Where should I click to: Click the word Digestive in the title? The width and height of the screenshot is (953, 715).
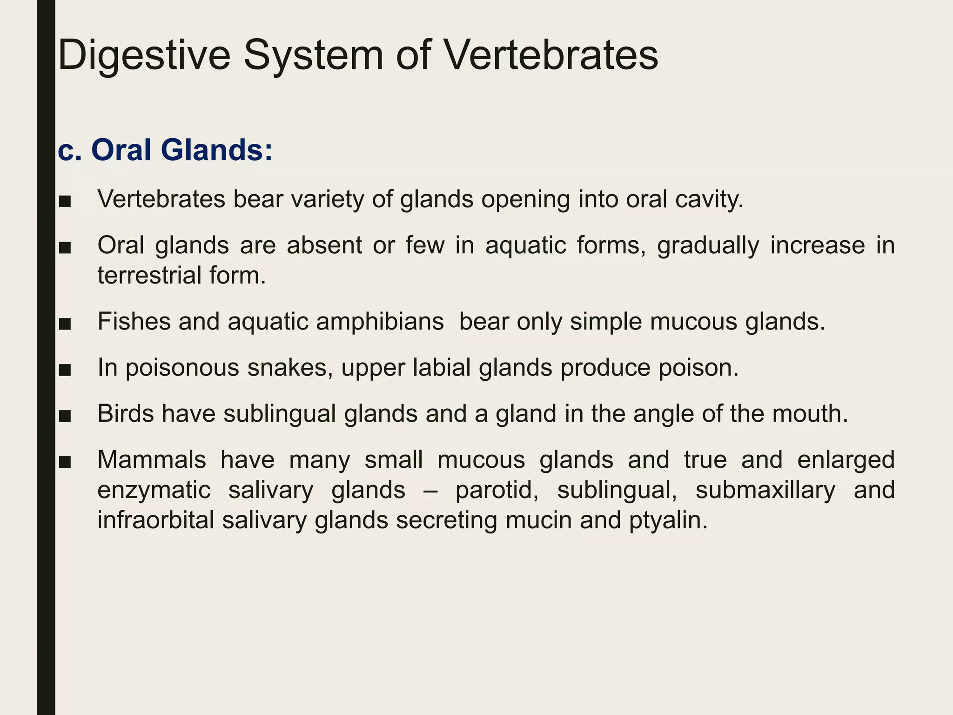[x=144, y=56]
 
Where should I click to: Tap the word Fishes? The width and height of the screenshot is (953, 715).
[x=134, y=321]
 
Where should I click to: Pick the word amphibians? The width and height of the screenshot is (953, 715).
[x=380, y=321]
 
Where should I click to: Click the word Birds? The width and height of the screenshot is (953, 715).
[x=125, y=413]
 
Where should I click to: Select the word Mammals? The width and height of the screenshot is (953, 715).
[x=152, y=459]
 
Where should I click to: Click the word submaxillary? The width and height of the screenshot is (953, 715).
[x=765, y=490]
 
